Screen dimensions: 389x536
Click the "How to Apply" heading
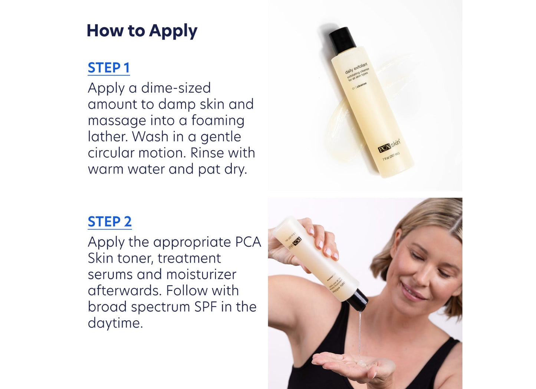[142, 31]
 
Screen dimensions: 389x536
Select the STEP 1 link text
[109, 68]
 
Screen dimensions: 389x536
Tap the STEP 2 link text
[109, 222]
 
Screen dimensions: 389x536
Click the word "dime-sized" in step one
[176, 88]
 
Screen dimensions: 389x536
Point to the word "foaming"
[218, 121]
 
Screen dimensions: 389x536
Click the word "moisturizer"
[201, 275]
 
